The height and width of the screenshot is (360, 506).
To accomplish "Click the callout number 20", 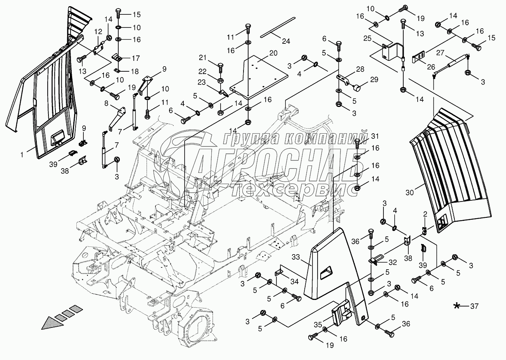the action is click(273, 53).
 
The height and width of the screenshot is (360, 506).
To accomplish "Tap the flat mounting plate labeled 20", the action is click(259, 77).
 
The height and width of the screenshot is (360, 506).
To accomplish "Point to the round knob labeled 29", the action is click(357, 87).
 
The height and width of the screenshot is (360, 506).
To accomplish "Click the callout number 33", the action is click(296, 257).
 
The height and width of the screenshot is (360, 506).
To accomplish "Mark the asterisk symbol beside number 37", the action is click(457, 306).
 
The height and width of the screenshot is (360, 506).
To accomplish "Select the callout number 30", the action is click(409, 193).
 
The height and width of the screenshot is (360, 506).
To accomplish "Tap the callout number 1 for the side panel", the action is click(22, 155).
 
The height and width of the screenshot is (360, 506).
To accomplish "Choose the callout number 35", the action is click(318, 324).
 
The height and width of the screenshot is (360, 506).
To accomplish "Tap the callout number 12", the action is click(98, 32).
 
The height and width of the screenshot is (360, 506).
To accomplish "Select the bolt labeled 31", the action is click(357, 143).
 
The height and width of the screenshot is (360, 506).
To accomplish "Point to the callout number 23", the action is click(202, 82).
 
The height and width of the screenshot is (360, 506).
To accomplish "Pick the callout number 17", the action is click(136, 58).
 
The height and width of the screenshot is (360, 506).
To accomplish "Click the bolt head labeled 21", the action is click(221, 65).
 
